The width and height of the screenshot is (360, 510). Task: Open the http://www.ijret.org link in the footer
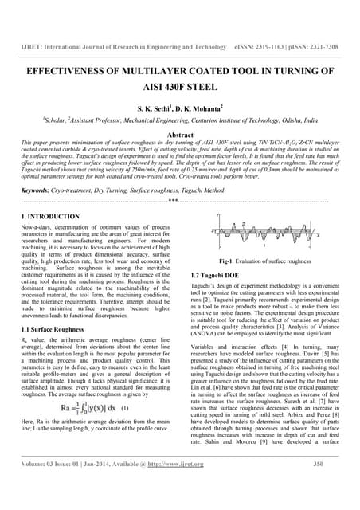point(182,485)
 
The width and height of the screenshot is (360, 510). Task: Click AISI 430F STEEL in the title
point(179,87)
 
